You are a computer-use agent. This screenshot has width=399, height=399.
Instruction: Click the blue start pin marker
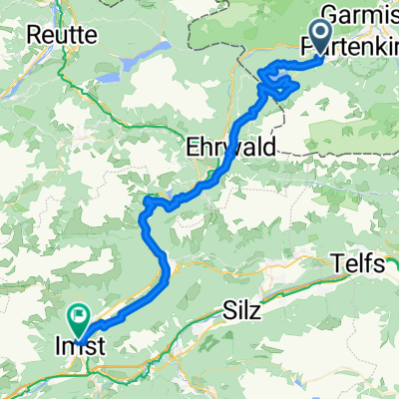(x=322, y=38)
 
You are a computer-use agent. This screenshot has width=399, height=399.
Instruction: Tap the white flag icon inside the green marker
(x=79, y=315)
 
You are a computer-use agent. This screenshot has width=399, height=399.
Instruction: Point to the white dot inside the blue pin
(x=322, y=33)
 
